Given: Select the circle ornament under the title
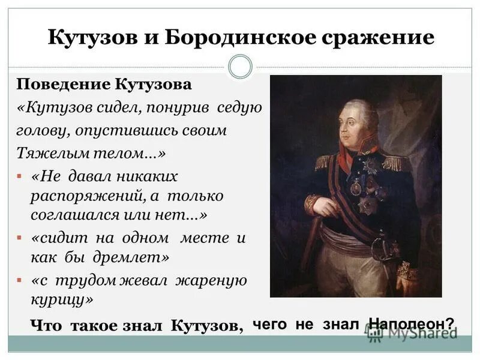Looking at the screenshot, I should [241, 67].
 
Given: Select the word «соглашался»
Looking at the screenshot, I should [73, 215].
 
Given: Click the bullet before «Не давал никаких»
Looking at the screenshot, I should [20, 178].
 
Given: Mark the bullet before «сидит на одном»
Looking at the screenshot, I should [20, 238].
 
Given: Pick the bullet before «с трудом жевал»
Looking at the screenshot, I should [20, 281].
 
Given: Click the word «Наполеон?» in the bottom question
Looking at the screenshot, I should [412, 324].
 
